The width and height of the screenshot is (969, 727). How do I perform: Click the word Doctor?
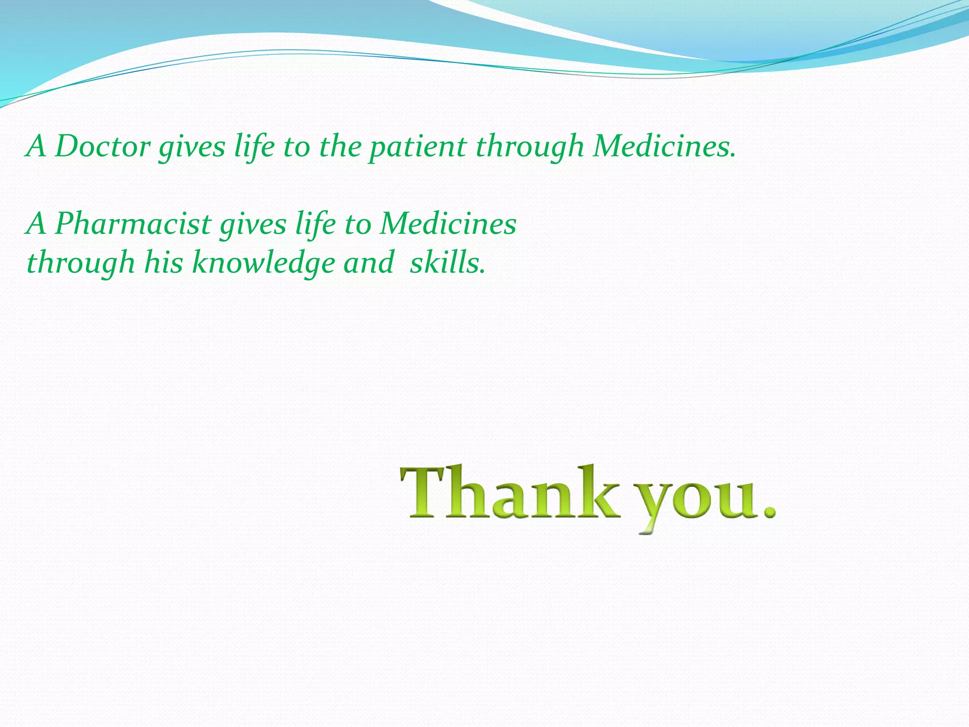click(102, 146)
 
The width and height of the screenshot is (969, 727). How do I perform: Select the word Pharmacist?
click(132, 223)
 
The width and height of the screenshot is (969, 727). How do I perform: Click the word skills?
click(447, 263)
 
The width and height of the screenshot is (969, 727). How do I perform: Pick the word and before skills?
click(369, 263)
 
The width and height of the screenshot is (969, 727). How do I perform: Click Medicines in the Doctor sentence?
click(664, 146)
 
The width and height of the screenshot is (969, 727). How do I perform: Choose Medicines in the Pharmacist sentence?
click(448, 223)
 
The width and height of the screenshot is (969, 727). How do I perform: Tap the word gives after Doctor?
click(192, 147)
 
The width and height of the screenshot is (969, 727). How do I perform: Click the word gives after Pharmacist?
click(253, 224)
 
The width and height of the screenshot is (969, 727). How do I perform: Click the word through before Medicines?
click(530, 147)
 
